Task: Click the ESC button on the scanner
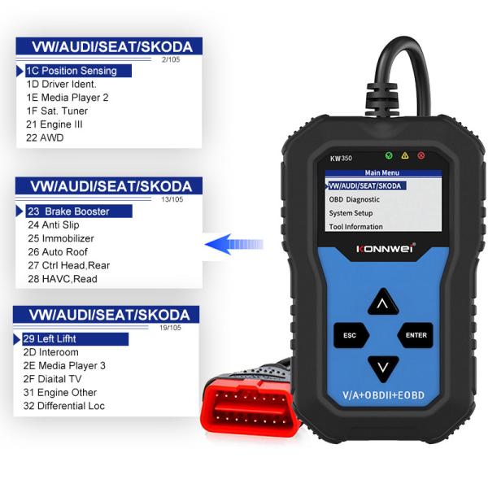click(x=350, y=334)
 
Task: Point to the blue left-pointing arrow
click(x=231, y=242)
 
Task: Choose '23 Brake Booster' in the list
click(x=68, y=211)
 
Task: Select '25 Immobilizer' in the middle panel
click(x=61, y=238)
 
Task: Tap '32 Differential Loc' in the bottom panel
click(x=66, y=406)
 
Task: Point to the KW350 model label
click(x=338, y=158)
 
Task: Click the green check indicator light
click(x=389, y=155)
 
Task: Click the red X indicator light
click(x=421, y=155)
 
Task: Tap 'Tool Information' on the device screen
click(x=355, y=227)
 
